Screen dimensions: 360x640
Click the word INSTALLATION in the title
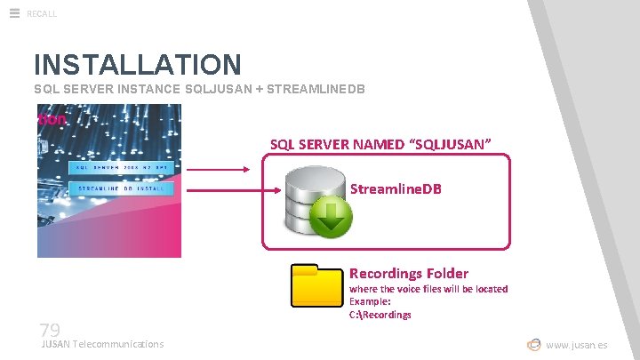[137, 65]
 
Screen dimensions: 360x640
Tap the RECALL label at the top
[42, 13]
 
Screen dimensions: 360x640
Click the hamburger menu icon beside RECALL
[14, 12]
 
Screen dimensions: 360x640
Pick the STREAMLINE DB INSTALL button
[120, 188]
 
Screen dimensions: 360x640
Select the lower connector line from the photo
[222, 189]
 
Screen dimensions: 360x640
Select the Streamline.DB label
[396, 189]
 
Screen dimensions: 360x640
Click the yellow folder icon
[317, 285]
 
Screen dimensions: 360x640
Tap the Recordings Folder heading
[408, 273]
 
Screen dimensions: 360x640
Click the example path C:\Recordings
[380, 315]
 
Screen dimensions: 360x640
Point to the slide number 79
[49, 329]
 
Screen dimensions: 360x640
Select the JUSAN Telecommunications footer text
[102, 344]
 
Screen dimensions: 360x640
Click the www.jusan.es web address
[577, 345]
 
